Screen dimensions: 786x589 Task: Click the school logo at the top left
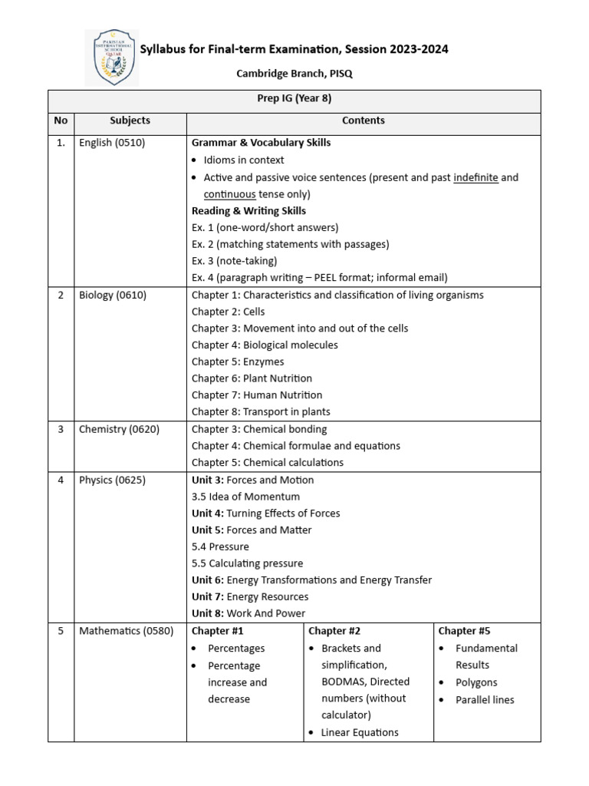tap(111, 58)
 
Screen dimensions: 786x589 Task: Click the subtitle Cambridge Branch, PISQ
tap(294, 74)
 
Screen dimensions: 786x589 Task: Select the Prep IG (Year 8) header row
tap(294, 99)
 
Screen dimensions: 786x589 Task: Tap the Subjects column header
tap(130, 121)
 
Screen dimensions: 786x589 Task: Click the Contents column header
tap(364, 121)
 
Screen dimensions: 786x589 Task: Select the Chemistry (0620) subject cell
tap(119, 429)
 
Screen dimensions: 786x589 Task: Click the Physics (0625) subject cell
tap(112, 480)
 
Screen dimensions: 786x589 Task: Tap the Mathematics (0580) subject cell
tap(126, 631)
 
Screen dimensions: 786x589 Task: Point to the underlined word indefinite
tap(475, 177)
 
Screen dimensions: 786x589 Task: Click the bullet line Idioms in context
tap(243, 160)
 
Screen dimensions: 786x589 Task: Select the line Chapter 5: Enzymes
tap(238, 362)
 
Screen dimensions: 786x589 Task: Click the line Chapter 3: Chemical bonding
tap(259, 429)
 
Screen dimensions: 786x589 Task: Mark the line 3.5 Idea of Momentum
tap(245, 497)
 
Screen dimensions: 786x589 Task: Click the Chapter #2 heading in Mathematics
tap(334, 631)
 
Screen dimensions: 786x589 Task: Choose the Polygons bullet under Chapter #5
tap(476, 682)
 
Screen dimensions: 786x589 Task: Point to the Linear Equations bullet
tap(360, 732)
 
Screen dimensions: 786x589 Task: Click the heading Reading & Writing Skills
tap(248, 211)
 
